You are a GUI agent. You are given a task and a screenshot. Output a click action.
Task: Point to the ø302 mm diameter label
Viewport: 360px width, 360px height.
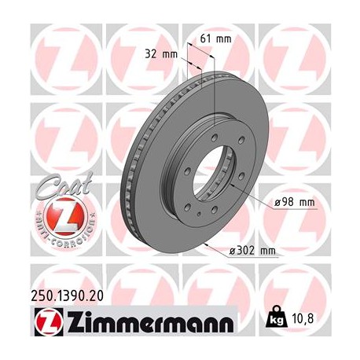pos(252,252)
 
